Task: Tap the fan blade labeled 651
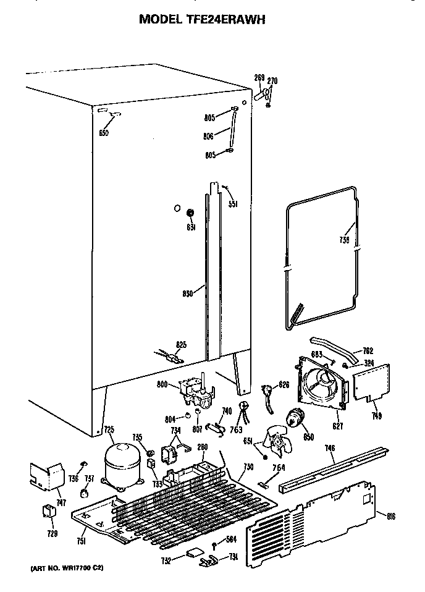(273, 442)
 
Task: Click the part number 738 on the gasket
(344, 240)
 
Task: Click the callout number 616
(391, 515)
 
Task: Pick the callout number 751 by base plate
(82, 543)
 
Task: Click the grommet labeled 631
(191, 214)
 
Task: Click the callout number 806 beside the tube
(208, 136)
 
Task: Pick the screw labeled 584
(213, 544)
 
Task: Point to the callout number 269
(259, 77)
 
